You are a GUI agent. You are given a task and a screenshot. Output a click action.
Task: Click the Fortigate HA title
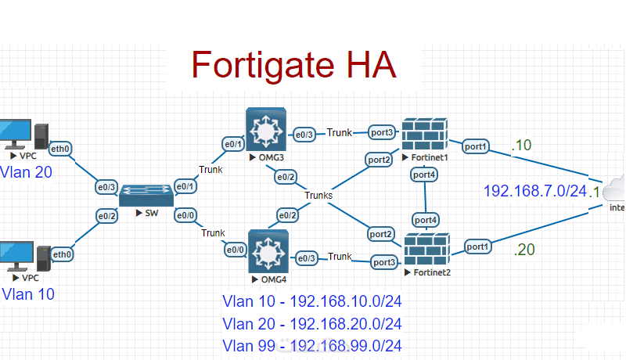[293, 63]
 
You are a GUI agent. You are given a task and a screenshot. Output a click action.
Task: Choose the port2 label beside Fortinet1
[380, 160]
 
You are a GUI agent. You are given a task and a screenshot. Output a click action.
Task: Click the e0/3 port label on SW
[107, 187]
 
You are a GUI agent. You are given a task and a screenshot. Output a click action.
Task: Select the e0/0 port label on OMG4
[236, 250]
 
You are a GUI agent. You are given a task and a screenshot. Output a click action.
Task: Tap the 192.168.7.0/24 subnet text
[534, 190]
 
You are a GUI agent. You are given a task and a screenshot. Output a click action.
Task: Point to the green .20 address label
[524, 250]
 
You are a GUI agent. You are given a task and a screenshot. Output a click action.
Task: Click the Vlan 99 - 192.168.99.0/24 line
[312, 345]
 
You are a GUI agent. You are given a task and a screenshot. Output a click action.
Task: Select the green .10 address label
[521, 145]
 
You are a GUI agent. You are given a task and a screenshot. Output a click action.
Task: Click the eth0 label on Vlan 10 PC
[62, 254]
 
